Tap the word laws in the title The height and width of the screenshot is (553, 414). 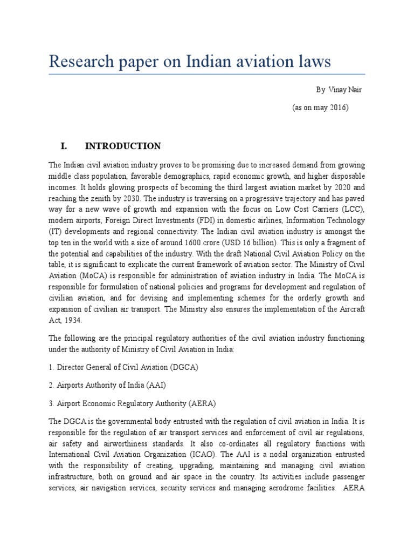click(310, 62)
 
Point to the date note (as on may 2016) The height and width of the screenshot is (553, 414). click(320, 107)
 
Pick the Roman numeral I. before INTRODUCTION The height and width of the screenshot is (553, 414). click(63, 146)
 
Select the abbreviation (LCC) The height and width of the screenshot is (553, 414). click(353, 210)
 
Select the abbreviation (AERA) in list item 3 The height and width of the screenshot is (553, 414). click(203, 403)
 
